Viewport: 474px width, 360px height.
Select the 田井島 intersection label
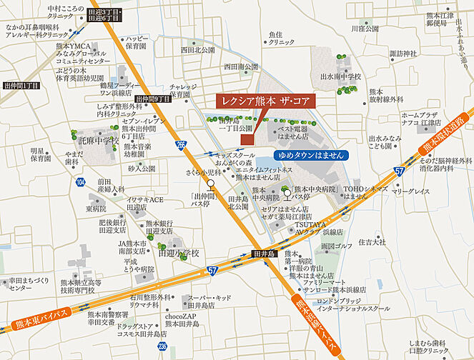pyautogui.click(x=265, y=253)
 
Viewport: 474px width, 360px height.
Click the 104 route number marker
pyautogui.click(x=79, y=183)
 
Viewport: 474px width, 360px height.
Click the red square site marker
pyautogui.click(x=247, y=139)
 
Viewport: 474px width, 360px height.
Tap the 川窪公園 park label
pyautogui.click(x=365, y=29)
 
